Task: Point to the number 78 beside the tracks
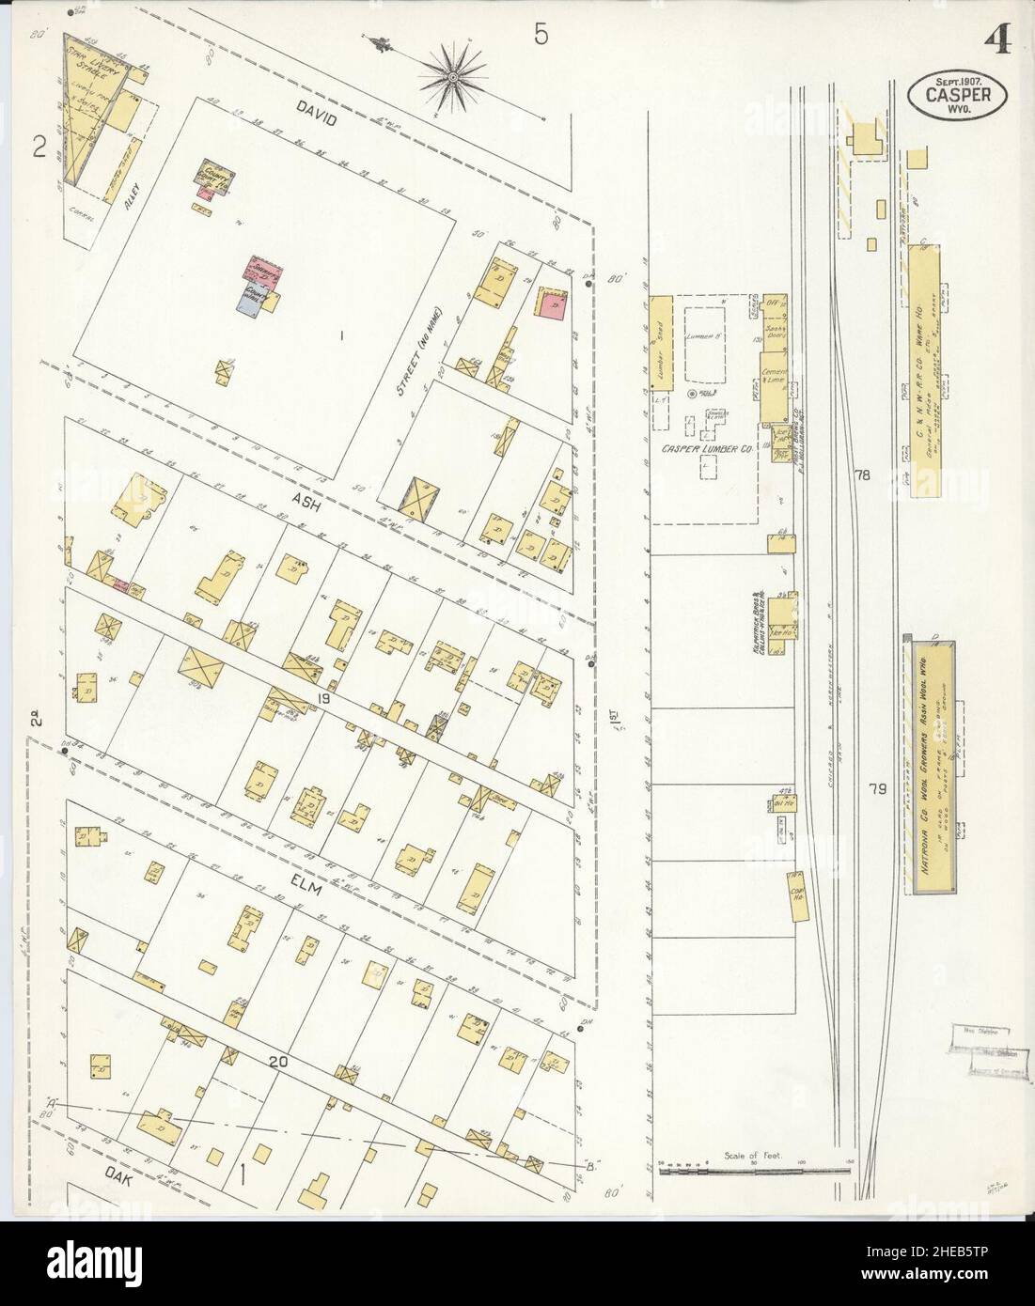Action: [x=861, y=476]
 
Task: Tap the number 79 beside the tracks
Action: [x=876, y=790]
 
